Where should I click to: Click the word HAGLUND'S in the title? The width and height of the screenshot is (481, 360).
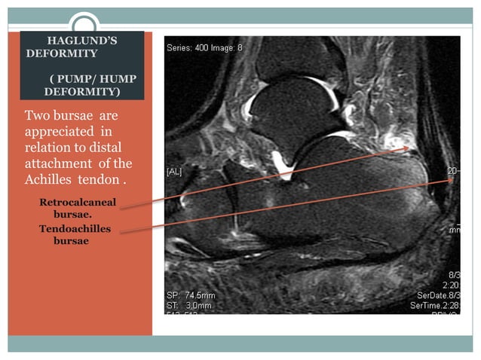pos(81,40)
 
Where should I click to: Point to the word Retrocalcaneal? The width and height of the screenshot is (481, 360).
pos(78,203)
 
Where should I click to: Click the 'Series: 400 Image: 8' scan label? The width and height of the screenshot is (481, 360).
pos(204,48)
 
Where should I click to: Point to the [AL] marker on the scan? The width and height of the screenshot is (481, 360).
pos(173,172)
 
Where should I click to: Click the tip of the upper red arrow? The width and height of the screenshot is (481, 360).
pos(410,148)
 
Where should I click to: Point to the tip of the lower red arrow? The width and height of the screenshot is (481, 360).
pos(453,179)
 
